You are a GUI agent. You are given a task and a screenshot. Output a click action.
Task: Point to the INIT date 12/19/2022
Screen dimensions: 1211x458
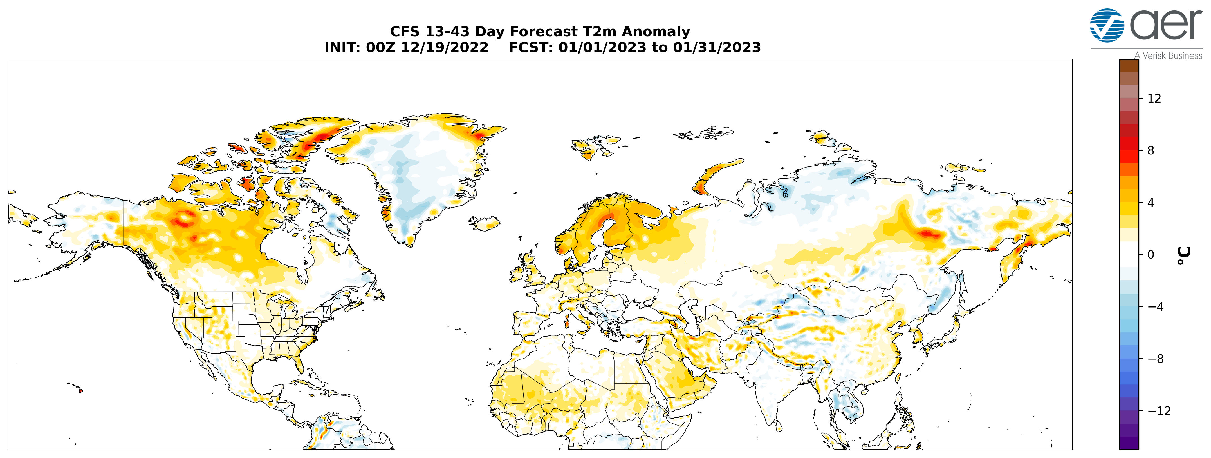[445, 48]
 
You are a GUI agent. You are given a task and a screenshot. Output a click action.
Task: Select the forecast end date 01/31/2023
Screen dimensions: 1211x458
[717, 48]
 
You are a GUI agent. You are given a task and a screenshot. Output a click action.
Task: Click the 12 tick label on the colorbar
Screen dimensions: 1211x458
[1154, 98]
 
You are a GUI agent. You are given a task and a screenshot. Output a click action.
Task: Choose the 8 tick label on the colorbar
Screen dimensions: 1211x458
[1151, 151]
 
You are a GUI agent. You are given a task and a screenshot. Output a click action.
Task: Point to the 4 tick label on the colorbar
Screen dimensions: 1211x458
[1151, 203]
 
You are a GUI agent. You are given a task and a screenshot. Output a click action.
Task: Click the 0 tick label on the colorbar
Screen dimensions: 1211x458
[1151, 255]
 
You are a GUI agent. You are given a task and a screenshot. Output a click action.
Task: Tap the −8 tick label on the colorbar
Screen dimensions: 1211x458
[1156, 359]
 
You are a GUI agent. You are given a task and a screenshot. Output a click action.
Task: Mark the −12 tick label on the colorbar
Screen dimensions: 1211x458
[1159, 411]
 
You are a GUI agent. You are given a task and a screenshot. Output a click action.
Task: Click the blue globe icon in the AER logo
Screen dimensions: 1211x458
[1107, 25]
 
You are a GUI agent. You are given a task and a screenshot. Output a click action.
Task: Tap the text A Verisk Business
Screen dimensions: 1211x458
[1168, 55]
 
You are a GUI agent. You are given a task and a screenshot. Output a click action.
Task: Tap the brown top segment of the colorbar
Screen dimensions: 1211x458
[1129, 65]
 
